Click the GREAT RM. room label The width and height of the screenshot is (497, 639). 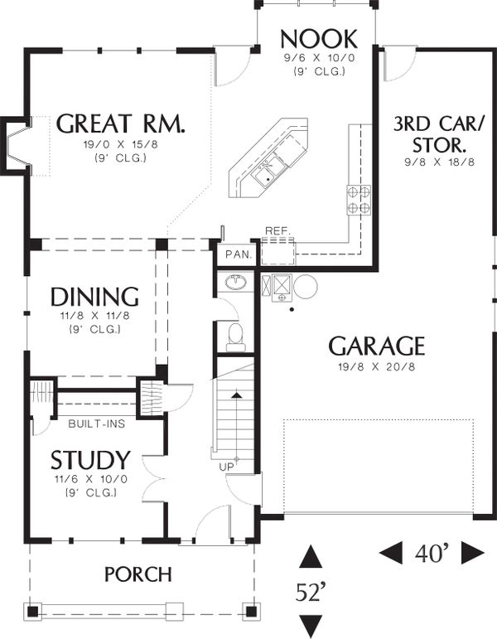121,123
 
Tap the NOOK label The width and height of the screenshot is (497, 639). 319,39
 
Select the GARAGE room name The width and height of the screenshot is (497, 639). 376,346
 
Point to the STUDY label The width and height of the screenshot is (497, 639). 90,460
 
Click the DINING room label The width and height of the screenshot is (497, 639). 94,297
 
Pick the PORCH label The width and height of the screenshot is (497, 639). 138,574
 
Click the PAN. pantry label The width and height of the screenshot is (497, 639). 239,254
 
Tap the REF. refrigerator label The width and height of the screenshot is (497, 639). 278,231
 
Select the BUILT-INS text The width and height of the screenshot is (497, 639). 97,424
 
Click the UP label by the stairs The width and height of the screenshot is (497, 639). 227,467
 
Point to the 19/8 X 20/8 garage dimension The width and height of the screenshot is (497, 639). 376,367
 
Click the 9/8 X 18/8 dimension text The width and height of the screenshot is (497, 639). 440,162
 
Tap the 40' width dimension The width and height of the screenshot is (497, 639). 432,554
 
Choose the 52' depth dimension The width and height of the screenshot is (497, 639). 311,592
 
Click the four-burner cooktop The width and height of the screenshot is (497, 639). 359,200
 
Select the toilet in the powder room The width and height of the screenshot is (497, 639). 236,337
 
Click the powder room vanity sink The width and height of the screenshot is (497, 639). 235,282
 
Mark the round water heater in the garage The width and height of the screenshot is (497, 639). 306,286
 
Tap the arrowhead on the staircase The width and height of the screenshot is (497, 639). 236,395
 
